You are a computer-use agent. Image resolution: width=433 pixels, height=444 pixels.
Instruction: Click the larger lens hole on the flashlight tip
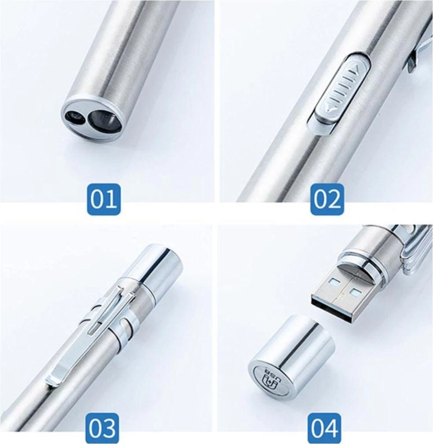pyautogui.click(x=100, y=118)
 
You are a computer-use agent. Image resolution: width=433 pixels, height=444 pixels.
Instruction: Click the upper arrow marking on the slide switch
pyautogui.click(x=355, y=68)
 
